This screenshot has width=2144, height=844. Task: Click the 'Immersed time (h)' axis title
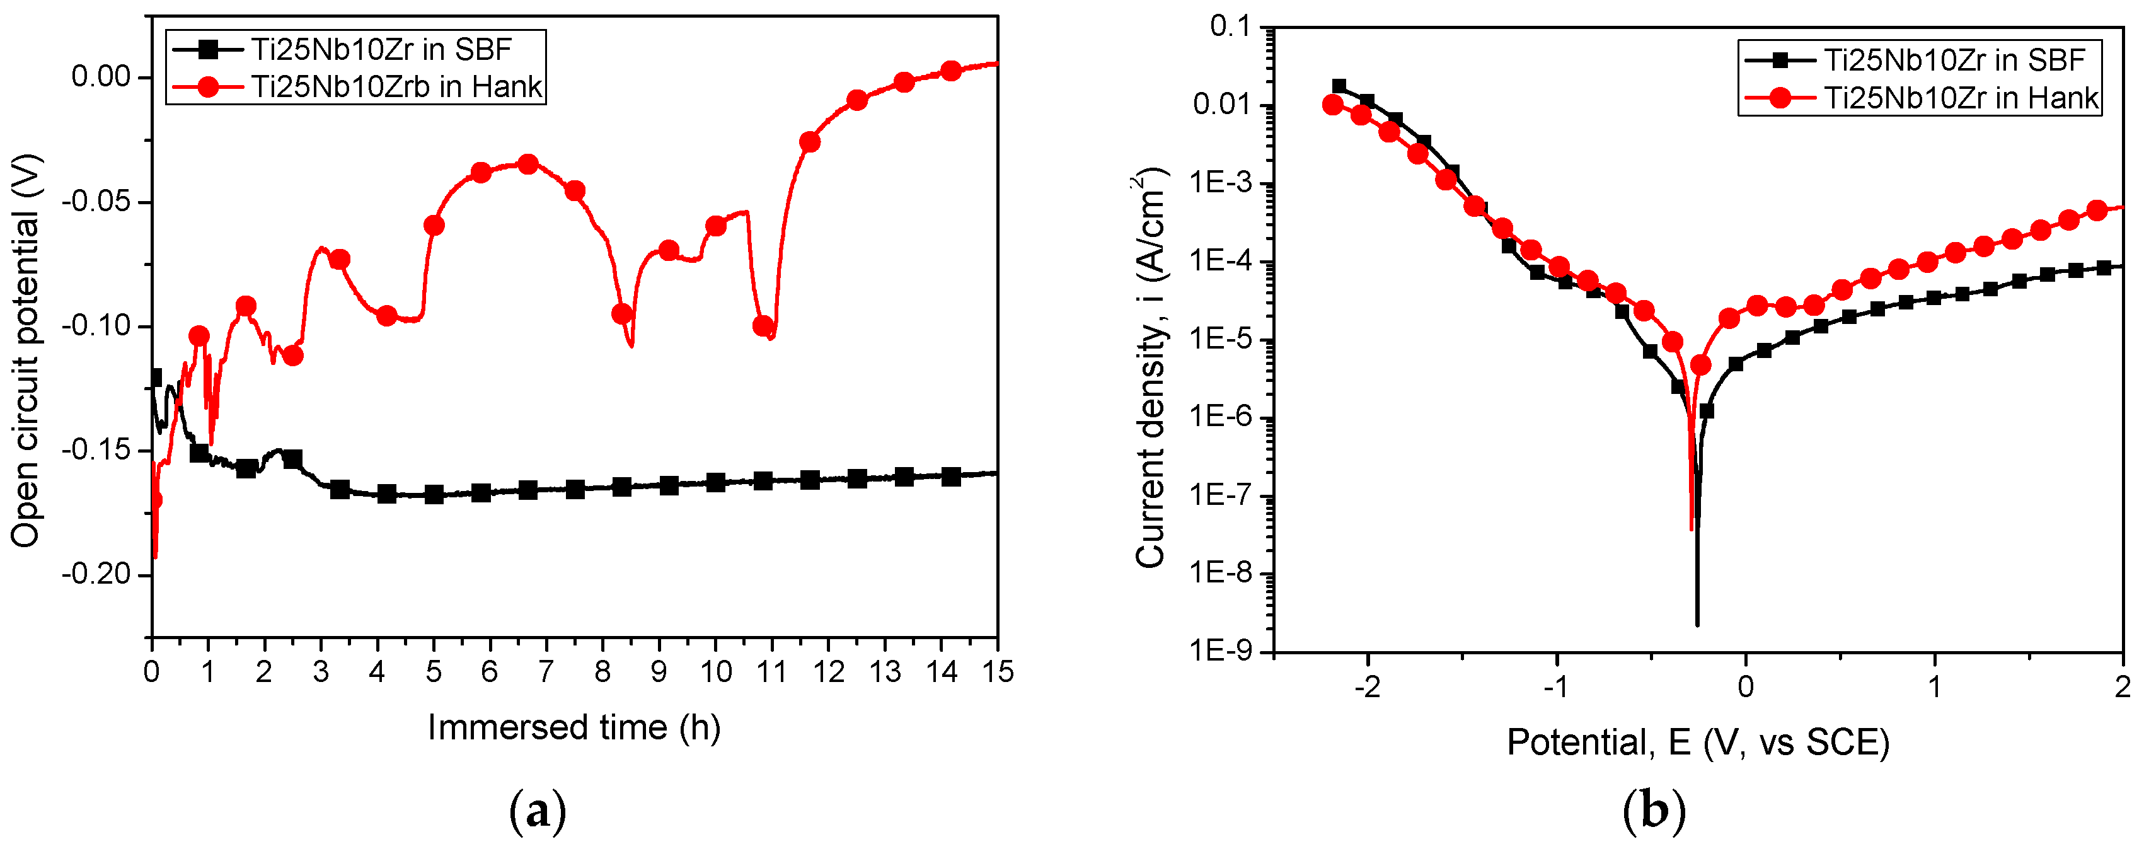[573, 727]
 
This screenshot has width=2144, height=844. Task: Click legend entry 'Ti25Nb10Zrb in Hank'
[396, 86]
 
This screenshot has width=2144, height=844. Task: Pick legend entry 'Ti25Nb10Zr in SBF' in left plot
[381, 50]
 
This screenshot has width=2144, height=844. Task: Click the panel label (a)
[537, 812]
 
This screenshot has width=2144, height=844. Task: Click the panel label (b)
[1654, 812]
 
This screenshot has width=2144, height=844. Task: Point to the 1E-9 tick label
[1221, 651]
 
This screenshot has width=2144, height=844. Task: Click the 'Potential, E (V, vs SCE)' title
[1698, 742]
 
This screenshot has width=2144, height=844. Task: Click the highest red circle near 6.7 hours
[527, 164]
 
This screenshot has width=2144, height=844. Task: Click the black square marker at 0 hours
[154, 377]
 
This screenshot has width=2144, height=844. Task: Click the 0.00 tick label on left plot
[101, 78]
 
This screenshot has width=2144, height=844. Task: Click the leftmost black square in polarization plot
[1339, 86]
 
